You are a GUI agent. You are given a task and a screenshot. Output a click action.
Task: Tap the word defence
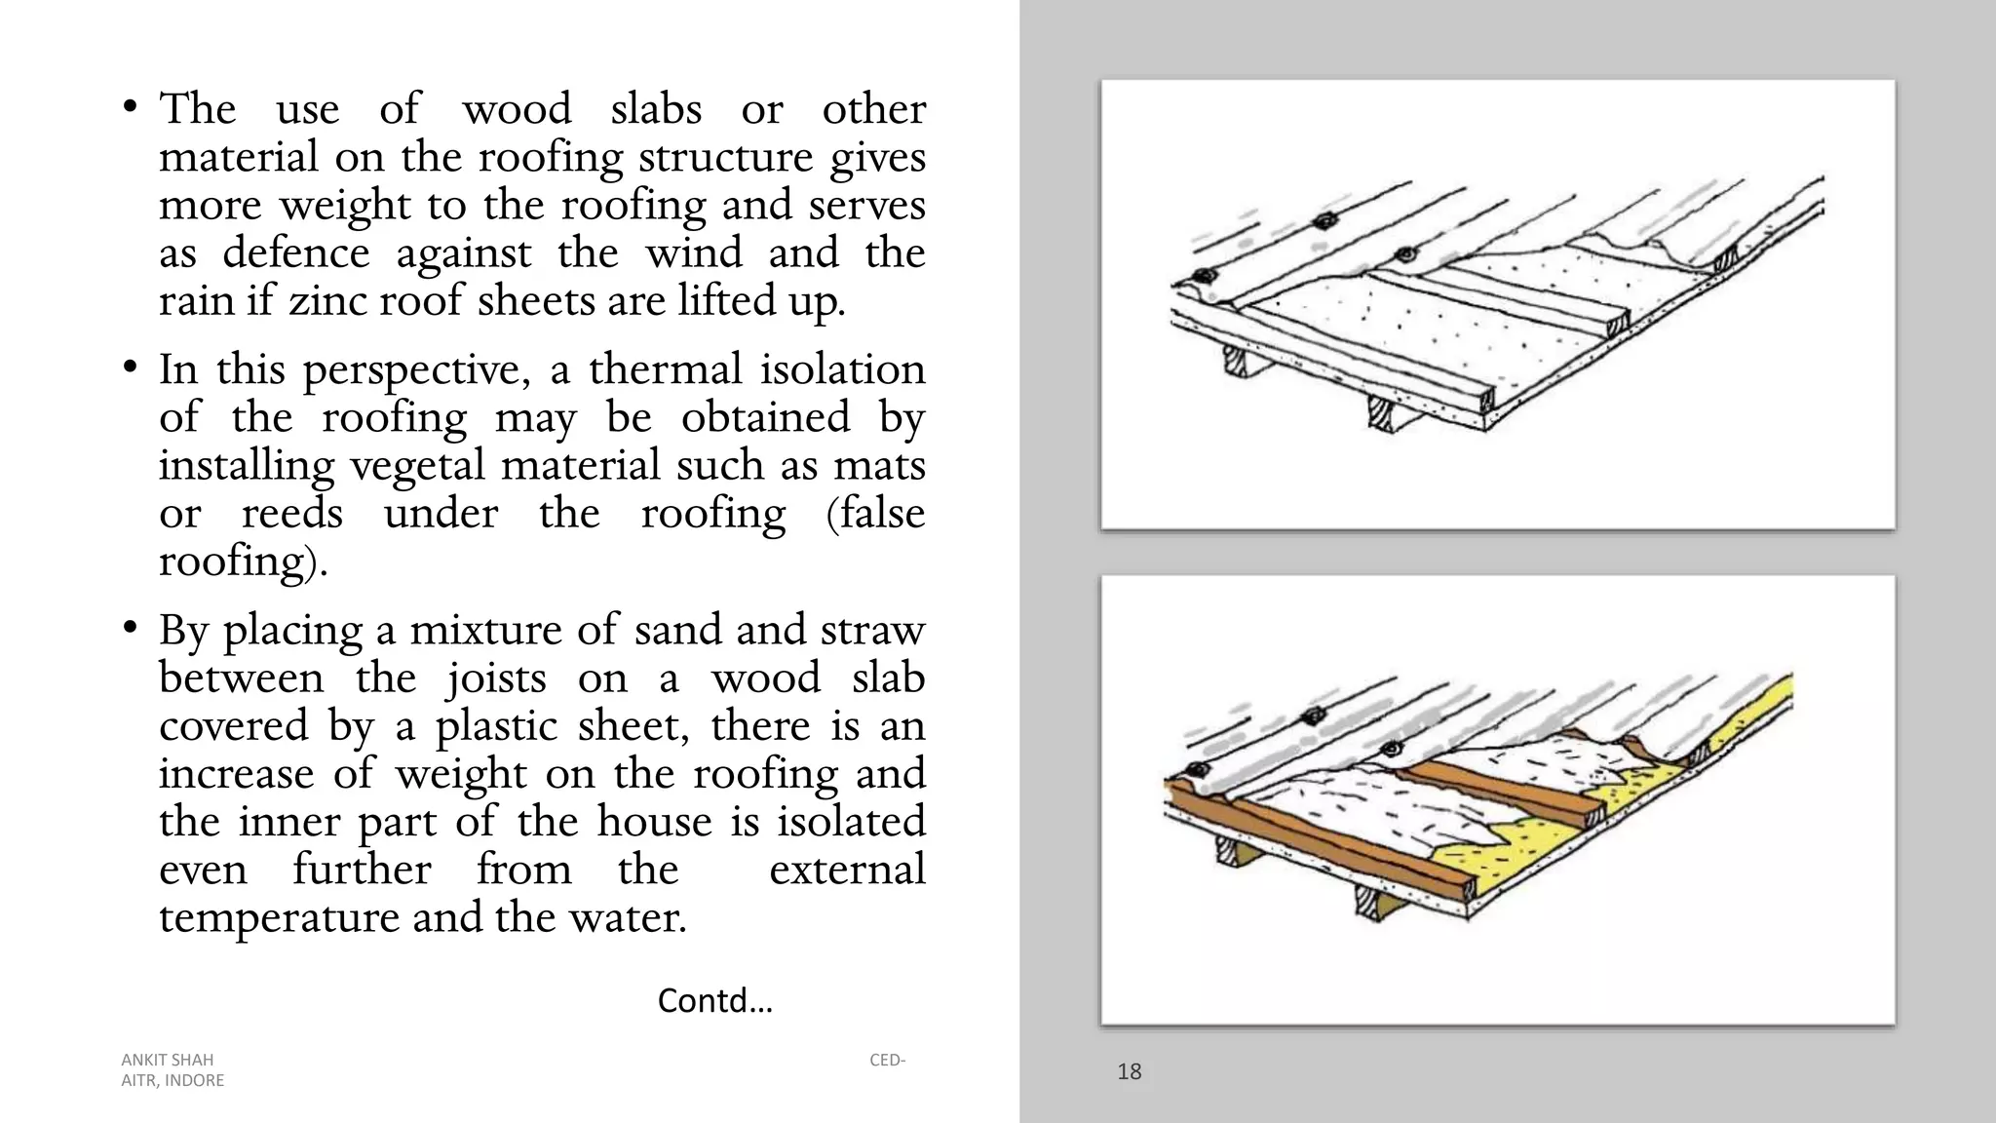pyautogui.click(x=295, y=252)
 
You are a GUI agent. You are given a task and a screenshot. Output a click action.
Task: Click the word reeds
pyautogui.click(x=291, y=513)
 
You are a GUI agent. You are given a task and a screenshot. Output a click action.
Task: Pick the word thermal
pyautogui.click(x=660, y=369)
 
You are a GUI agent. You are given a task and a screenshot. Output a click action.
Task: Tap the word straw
pyautogui.click(x=871, y=630)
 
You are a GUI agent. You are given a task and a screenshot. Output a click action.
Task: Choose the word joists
pyautogui.click(x=496, y=678)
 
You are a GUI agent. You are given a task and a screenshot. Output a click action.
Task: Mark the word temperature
pyautogui.click(x=279, y=917)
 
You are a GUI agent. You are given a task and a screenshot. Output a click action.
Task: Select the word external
pyautogui.click(x=846, y=870)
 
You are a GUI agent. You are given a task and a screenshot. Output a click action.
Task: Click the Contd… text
pyautogui.click(x=714, y=1000)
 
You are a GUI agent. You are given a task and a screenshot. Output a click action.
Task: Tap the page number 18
pyautogui.click(x=1129, y=1071)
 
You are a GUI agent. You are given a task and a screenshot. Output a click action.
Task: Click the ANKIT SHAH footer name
pyautogui.click(x=167, y=1060)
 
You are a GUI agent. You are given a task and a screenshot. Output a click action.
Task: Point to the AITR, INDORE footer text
pyautogui.click(x=173, y=1080)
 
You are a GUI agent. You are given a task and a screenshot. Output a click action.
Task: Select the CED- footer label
pyautogui.click(x=887, y=1060)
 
